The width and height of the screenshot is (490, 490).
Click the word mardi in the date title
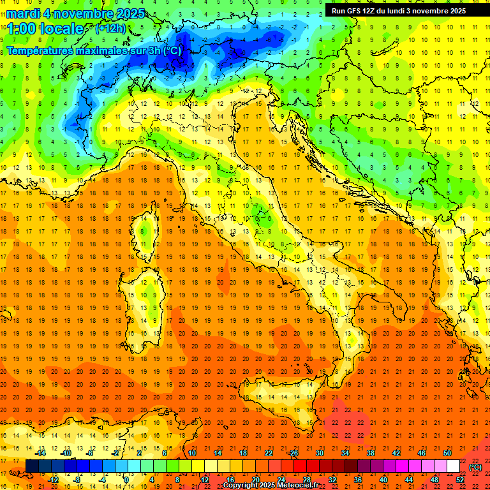coord(25,13)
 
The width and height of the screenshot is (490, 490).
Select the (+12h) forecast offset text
coord(110,28)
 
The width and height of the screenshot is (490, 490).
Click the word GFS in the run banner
coord(359,11)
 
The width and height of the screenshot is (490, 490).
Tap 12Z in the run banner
coord(375,11)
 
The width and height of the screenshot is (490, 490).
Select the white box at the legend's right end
coord(453,466)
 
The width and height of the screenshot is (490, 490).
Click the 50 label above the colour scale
coord(447,453)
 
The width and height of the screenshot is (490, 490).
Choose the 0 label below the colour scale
coord(126,480)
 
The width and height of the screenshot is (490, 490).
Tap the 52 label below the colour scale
coord(460,480)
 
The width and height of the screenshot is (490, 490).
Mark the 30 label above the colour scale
coord(319,453)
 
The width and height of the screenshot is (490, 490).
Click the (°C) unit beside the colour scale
coord(475,466)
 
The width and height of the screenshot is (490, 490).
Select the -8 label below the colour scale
coord(78,480)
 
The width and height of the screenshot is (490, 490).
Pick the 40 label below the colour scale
coord(383,480)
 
